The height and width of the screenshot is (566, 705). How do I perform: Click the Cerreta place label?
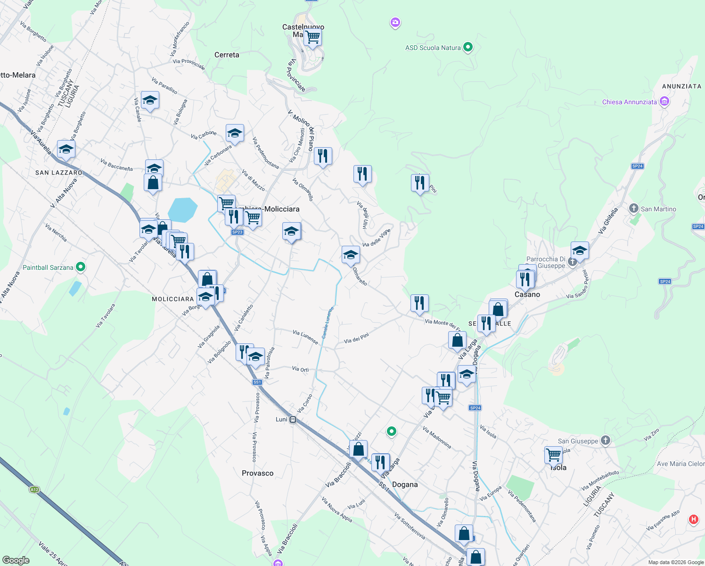tap(227, 55)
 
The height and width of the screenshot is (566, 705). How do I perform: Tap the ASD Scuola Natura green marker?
tap(467, 47)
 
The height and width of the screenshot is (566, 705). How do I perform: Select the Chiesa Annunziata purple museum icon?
tap(664, 101)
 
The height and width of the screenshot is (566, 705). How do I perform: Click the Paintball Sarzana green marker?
tap(81, 267)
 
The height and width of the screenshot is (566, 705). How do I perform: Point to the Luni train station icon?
tap(293, 419)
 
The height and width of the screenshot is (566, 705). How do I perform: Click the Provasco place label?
tap(257, 473)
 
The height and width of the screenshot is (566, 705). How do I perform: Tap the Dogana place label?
tap(405, 484)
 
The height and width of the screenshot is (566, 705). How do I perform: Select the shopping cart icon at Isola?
tap(553, 454)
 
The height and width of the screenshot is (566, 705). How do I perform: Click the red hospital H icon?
tap(693, 519)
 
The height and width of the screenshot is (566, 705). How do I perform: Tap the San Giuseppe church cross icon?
tap(606, 441)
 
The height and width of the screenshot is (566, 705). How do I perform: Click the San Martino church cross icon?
tap(634, 208)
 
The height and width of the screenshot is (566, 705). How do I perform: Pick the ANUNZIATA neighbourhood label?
tap(681, 86)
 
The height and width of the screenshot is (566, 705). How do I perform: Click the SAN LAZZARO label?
tap(59, 173)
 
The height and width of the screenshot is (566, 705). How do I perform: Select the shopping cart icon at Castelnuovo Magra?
tap(312, 36)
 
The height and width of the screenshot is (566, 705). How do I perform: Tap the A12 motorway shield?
tap(34, 490)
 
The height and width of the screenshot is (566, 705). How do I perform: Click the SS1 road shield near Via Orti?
tap(257, 382)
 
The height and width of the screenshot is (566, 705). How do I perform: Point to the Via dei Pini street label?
tap(356, 338)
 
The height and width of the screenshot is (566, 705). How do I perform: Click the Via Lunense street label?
tap(305, 336)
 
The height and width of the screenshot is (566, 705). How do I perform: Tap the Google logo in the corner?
tap(16, 560)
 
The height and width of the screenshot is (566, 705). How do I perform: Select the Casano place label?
tap(527, 294)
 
